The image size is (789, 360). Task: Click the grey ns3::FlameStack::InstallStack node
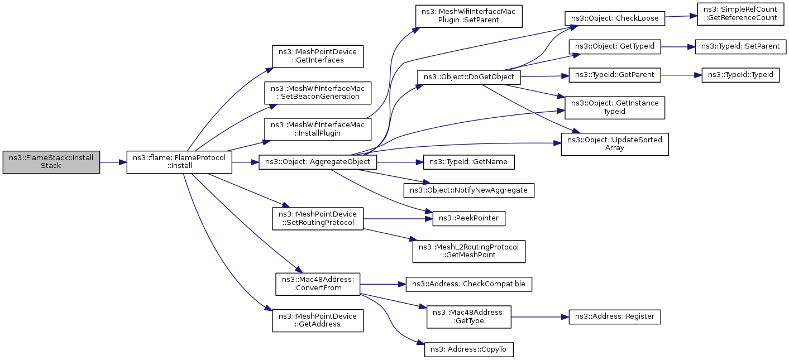pyautogui.click(x=51, y=162)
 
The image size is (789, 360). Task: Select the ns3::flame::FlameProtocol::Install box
pyautogui.click(x=179, y=162)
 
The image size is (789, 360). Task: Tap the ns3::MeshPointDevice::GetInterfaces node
pyautogui.click(x=318, y=56)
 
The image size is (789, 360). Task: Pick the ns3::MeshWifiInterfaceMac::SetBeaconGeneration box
pyautogui.click(x=318, y=93)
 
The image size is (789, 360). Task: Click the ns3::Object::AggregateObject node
pyautogui.click(x=318, y=162)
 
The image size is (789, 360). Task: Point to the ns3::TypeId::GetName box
pyautogui.click(x=469, y=162)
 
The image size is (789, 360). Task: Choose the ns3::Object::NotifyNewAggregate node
pyautogui.click(x=469, y=190)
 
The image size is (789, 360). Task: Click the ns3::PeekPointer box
pyautogui.click(x=469, y=219)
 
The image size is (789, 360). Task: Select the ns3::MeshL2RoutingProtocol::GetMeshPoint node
pyautogui.click(x=469, y=251)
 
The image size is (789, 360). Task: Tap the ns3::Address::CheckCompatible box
pyautogui.click(x=469, y=284)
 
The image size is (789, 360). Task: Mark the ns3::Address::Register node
pyautogui.click(x=615, y=316)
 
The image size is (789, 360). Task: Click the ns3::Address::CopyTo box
pyautogui.click(x=469, y=349)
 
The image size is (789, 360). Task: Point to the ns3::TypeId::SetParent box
pyautogui.click(x=740, y=47)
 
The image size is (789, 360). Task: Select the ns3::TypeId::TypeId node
pyautogui.click(x=740, y=75)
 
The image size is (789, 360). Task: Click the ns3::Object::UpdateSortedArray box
pyautogui.click(x=615, y=145)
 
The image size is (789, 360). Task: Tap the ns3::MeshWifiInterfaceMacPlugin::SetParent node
pyautogui.click(x=469, y=16)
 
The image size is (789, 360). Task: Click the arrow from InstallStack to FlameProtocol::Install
pyautogui.click(x=113, y=162)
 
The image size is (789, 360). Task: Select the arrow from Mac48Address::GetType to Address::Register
pyautogui.click(x=540, y=317)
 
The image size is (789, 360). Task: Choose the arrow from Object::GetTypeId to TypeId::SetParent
pyautogui.click(x=678, y=47)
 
